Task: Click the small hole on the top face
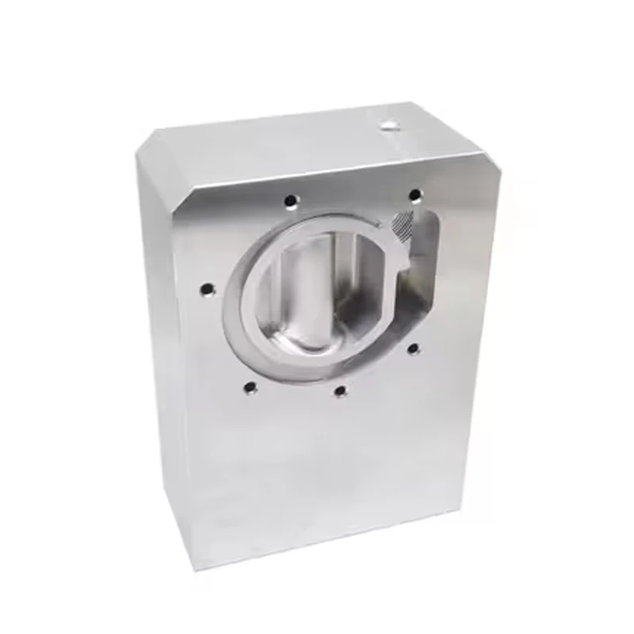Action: coord(388,124)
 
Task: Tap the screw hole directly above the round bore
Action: coord(292,200)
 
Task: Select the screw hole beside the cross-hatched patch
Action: coord(414,194)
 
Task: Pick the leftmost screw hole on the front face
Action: coord(208,289)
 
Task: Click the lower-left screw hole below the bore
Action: coord(250,388)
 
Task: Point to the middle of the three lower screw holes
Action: coord(340,391)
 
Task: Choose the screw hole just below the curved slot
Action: coord(412,347)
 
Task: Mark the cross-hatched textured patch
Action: coord(403,227)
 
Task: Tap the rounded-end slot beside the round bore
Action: coord(420,262)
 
